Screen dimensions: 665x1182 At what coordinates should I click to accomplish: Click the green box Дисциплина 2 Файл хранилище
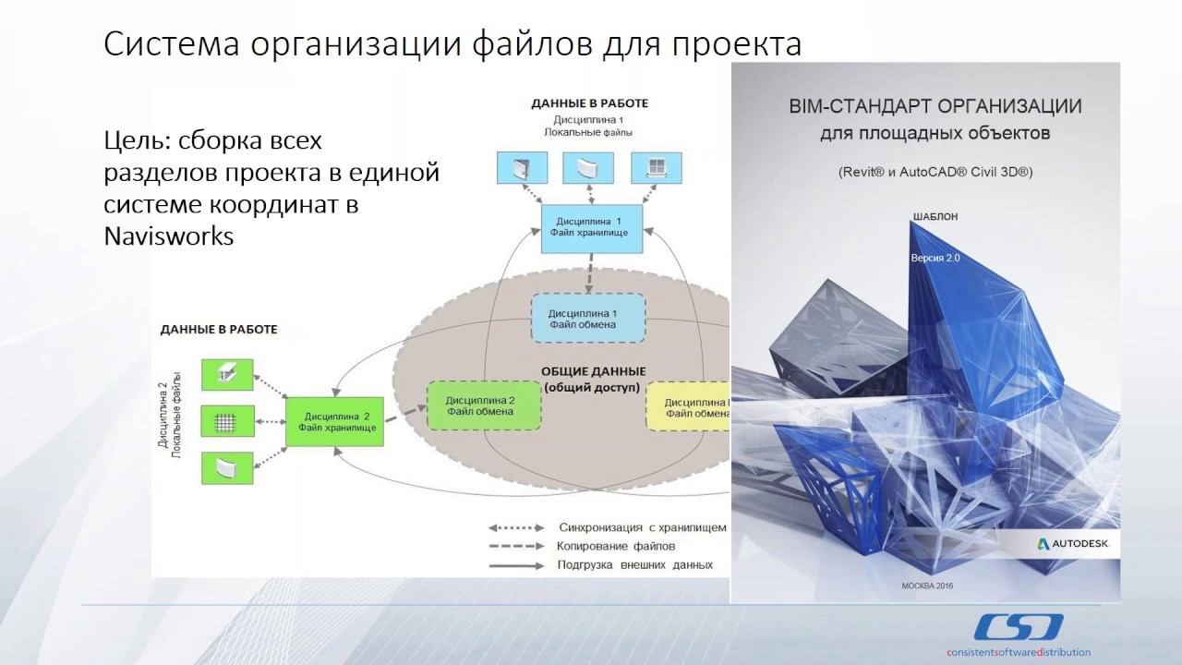point(333,422)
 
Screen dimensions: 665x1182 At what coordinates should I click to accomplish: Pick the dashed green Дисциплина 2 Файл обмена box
point(483,405)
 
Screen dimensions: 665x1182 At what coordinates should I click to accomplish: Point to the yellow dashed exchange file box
point(688,407)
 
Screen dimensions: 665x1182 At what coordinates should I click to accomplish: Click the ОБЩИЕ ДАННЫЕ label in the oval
point(593,371)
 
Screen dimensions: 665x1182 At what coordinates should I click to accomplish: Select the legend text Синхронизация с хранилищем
point(642,527)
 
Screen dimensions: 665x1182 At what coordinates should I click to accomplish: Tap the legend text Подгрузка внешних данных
point(634,564)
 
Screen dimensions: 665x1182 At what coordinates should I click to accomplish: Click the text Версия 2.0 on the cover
point(935,259)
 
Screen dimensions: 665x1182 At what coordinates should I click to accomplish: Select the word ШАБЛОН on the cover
point(935,217)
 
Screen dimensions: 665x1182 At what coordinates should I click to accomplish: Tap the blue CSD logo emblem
point(1016,627)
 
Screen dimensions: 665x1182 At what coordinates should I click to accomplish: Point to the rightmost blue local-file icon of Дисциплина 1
point(655,166)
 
